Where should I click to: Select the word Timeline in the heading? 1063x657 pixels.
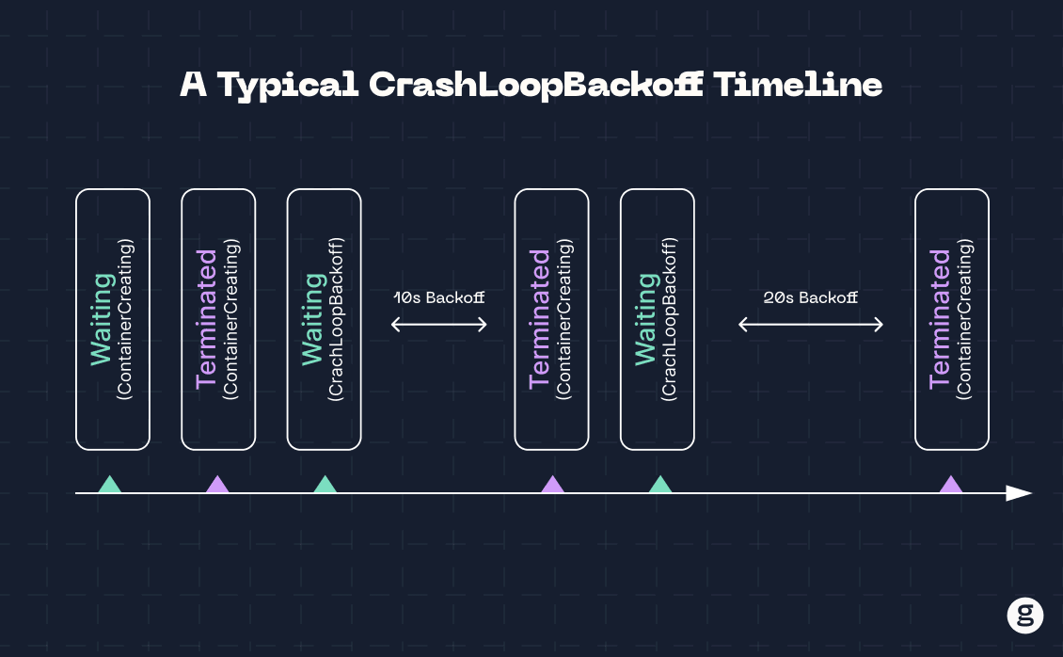[798, 84]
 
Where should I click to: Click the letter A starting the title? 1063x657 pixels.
[193, 84]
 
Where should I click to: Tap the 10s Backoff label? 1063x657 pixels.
[439, 297]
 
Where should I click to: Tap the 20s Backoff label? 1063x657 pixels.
[811, 297]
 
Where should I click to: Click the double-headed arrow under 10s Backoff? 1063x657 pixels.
[439, 325]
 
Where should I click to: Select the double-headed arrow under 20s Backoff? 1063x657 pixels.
[811, 325]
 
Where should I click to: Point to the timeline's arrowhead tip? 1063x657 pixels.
[1032, 493]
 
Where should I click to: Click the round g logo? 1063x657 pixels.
[1025, 616]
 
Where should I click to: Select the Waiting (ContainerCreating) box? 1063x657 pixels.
[113, 319]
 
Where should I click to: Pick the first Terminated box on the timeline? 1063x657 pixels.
[218, 319]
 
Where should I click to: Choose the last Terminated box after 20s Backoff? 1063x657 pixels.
[952, 319]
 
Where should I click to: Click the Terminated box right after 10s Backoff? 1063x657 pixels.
[552, 319]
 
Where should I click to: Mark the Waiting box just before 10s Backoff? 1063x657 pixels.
[324, 319]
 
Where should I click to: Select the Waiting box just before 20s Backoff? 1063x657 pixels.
[658, 319]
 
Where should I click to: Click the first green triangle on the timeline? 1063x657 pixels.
[110, 486]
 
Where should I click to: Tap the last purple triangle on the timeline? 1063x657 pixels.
[951, 486]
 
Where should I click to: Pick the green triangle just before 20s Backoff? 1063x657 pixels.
[660, 486]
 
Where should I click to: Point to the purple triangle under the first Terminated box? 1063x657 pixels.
[217, 486]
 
